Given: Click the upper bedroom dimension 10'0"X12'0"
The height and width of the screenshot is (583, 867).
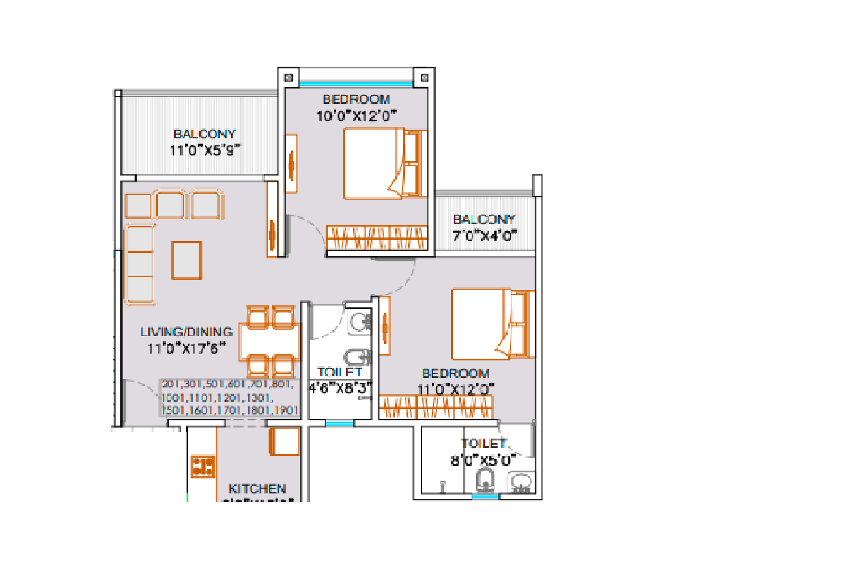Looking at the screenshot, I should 356,116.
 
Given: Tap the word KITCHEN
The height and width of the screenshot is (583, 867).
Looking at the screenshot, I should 257,489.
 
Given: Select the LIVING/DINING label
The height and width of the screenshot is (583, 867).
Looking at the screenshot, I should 187,332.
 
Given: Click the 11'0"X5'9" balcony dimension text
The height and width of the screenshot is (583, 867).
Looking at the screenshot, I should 205,151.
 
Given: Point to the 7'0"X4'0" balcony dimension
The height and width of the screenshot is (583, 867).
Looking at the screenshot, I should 484,236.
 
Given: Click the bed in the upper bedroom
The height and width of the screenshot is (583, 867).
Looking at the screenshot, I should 384,164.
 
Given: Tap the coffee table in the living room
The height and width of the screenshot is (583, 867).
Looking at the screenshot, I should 187,260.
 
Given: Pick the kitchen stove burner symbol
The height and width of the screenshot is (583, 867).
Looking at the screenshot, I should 203,466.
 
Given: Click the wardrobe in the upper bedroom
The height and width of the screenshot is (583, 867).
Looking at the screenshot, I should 377,237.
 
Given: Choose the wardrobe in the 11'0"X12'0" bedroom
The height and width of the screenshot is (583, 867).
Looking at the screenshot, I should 436,407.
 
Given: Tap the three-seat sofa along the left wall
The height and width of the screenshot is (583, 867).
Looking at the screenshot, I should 140,264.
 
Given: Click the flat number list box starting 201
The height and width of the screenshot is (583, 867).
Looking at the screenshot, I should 229,397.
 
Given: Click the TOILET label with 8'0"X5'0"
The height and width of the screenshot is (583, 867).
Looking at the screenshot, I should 483,444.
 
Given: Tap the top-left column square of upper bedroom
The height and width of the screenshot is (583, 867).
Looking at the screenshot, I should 289,78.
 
